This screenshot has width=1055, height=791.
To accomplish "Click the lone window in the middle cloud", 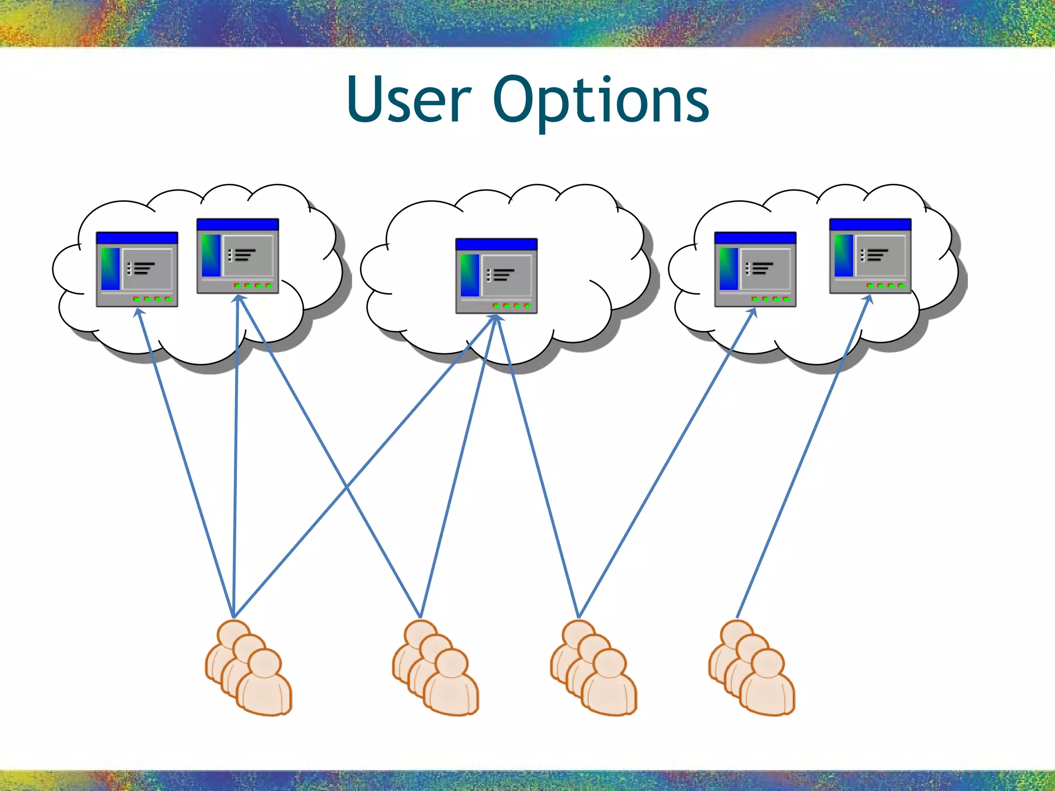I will [496, 276].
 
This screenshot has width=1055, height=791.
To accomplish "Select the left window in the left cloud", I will [137, 269].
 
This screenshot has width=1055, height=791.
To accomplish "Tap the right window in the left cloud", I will [237, 256].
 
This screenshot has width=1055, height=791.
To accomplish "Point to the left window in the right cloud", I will [755, 269].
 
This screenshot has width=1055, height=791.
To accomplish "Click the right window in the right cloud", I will [870, 256].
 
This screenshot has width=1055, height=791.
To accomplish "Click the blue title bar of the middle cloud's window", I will [496, 244].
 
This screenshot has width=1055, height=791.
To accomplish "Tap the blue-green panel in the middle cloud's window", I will [470, 275].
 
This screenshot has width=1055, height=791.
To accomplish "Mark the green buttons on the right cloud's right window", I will [885, 285].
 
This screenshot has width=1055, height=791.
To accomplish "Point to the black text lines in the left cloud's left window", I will [141, 268].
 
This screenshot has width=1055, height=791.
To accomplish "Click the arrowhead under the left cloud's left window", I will [138, 312].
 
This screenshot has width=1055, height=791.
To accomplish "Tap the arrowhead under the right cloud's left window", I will [753, 312].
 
